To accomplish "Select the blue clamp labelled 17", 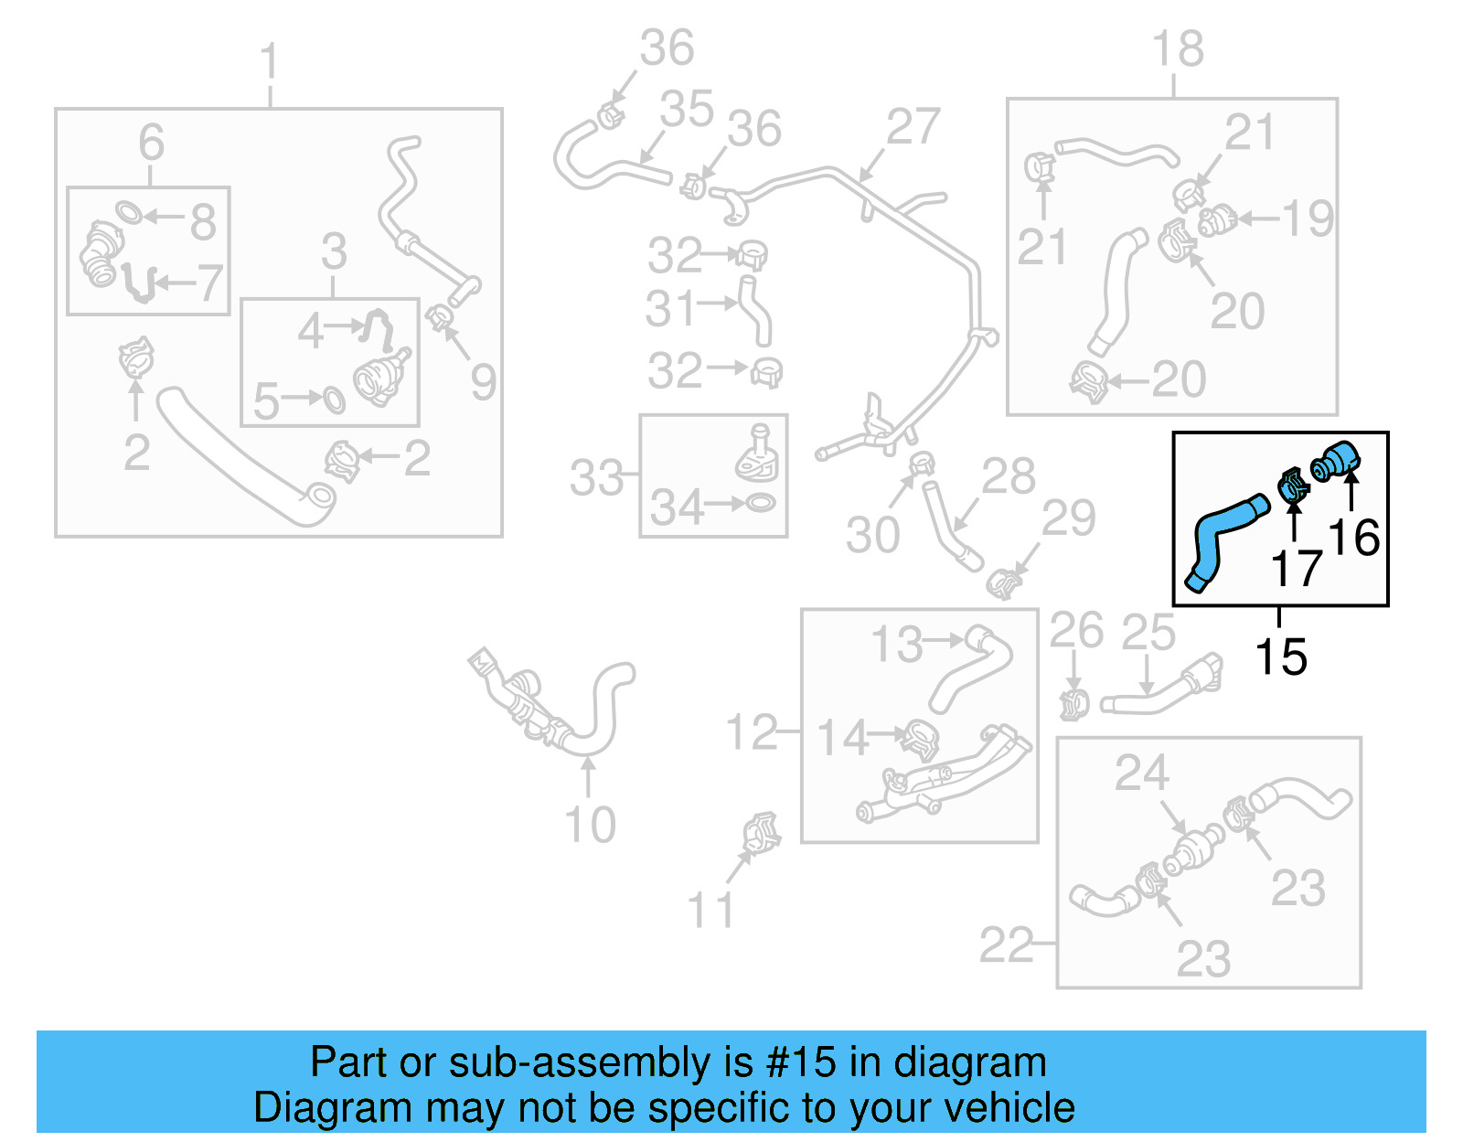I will (1292, 485).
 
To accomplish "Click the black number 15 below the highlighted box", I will (1281, 656).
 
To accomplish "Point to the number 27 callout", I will (913, 127).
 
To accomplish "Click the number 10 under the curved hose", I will (590, 825).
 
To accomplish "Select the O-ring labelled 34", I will (761, 502).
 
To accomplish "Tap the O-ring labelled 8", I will (130, 213).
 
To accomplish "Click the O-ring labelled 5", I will (334, 400).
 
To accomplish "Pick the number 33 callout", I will (596, 477).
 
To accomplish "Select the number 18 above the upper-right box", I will (1177, 48).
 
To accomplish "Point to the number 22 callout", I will (1006, 945).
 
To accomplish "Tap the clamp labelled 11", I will (761, 832).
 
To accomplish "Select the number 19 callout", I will (1308, 219).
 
